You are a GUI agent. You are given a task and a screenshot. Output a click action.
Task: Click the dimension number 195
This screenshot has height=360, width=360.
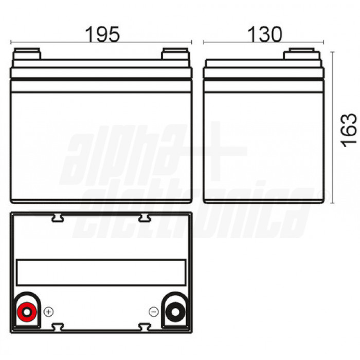click(102, 34)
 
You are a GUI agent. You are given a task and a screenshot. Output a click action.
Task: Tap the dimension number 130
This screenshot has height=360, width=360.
click(265, 34)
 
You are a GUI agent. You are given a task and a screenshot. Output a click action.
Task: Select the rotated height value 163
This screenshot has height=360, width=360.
click(349, 130)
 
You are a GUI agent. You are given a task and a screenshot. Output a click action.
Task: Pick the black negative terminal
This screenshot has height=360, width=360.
click(176, 311)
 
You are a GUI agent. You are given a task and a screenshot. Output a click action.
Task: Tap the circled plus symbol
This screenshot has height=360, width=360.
click(49, 311)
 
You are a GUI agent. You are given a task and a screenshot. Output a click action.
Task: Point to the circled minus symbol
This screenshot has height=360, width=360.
click(153, 311)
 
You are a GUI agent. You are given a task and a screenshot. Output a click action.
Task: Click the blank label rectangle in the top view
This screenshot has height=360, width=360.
click(101, 273)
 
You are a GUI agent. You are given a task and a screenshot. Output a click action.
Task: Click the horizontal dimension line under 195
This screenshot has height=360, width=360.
click(101, 43)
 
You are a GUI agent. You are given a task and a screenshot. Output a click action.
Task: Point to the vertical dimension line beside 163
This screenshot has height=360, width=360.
click(333, 128)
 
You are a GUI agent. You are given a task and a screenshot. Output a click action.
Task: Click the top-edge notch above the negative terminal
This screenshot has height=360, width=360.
click(145, 218)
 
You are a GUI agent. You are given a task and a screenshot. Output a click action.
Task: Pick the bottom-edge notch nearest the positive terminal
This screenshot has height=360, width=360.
click(58, 326)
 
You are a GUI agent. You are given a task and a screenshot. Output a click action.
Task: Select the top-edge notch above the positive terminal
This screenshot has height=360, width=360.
click(58, 218)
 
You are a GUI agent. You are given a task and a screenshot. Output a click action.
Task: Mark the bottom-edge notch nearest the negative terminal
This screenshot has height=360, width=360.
click(145, 326)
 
